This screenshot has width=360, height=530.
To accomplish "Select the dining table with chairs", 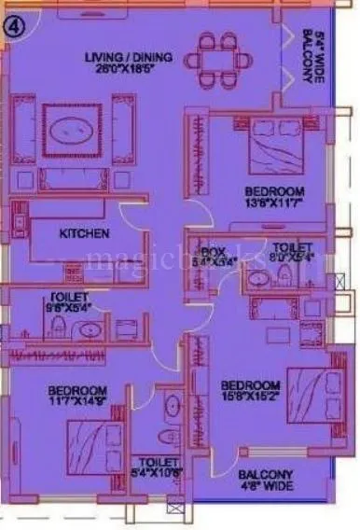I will [x=218, y=57].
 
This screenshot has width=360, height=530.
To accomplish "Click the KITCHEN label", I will [x=85, y=233].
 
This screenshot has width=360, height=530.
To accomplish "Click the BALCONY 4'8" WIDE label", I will [x=265, y=480].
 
